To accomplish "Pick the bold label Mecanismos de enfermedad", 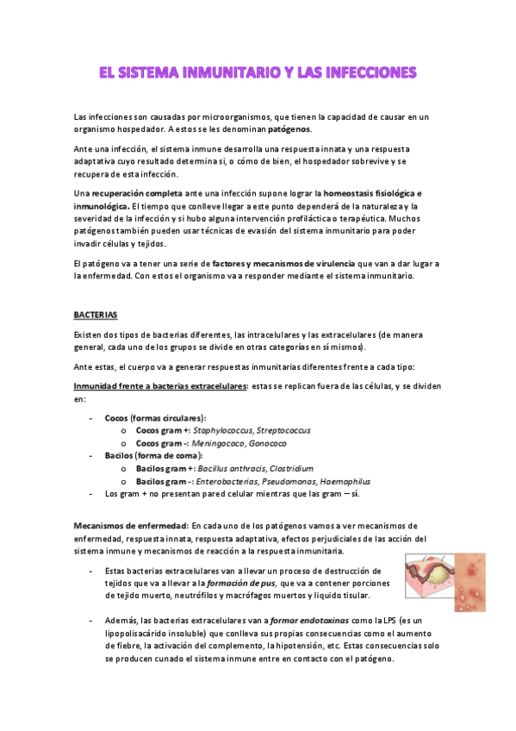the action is [131, 525].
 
